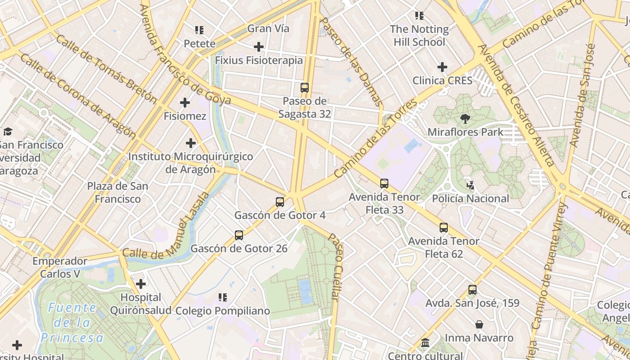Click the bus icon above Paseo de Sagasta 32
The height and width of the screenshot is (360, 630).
point(305,88)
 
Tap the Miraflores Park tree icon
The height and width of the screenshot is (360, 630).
point(465,119)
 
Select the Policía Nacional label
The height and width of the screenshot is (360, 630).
point(470,198)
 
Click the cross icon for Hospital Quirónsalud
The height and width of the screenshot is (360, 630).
point(141,284)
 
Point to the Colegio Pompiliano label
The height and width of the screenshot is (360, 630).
point(222,311)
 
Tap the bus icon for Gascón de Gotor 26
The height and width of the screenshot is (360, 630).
point(239,235)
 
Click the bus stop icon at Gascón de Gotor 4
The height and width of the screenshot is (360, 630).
point(280,202)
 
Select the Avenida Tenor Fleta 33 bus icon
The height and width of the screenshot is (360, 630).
point(384,184)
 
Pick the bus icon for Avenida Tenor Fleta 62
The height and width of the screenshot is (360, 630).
point(444,228)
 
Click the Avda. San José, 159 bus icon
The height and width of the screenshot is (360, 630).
point(472,290)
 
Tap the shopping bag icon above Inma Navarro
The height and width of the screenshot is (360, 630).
point(479,324)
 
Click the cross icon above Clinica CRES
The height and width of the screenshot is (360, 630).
point(442,67)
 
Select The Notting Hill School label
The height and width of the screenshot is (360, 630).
point(419,36)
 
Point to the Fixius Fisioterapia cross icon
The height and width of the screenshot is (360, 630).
point(259,47)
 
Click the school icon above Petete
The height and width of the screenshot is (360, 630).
point(199,30)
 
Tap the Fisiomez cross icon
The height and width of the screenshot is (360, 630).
point(185,103)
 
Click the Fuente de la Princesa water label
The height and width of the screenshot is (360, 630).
point(72,323)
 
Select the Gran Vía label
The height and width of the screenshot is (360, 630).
point(269,28)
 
